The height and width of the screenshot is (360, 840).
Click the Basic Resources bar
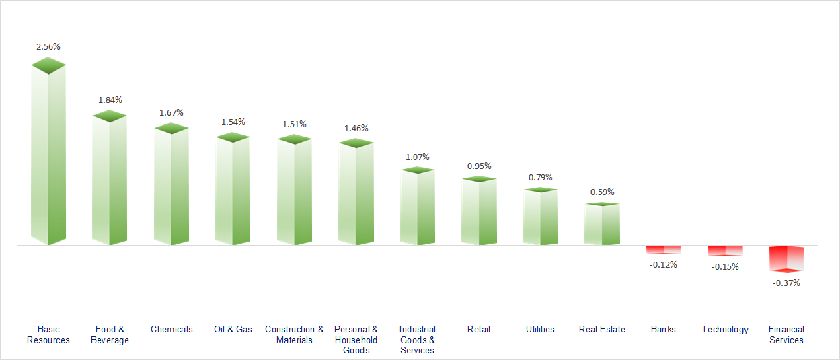(x=48, y=155)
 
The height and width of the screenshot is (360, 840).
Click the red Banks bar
(x=663, y=250)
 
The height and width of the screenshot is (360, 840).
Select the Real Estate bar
(x=602, y=223)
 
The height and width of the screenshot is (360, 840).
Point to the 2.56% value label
(x=48, y=47)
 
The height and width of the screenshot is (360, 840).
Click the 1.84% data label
(x=110, y=100)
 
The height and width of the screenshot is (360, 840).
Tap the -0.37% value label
(x=786, y=283)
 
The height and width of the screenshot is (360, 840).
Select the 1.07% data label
(x=417, y=157)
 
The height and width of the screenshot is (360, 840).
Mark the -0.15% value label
(x=725, y=266)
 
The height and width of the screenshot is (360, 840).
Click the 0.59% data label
(x=602, y=192)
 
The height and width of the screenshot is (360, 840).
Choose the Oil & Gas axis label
(x=233, y=329)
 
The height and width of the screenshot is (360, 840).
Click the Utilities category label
(x=540, y=329)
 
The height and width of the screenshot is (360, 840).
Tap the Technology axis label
(x=725, y=329)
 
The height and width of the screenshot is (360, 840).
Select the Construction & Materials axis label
(x=295, y=334)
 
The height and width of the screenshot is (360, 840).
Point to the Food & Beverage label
(x=110, y=334)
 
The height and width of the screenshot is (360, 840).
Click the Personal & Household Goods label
(x=356, y=340)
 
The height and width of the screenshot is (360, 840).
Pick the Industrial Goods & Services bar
(x=417, y=206)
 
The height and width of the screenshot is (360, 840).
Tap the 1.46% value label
(x=356, y=128)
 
